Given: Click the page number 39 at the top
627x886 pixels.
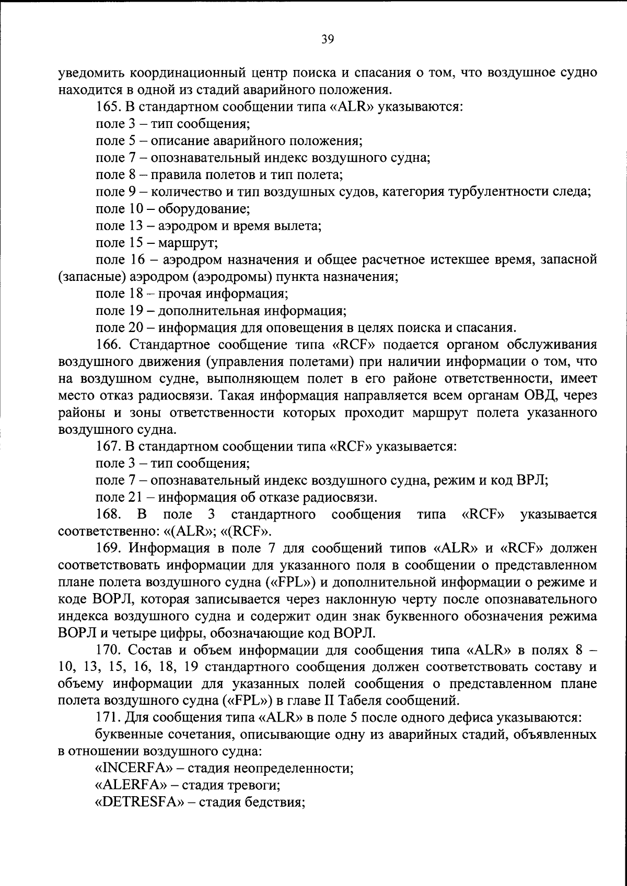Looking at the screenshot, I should [x=328, y=40].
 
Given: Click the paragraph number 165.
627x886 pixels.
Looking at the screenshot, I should [x=108, y=107].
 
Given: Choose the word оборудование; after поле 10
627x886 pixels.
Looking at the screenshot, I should [x=204, y=209].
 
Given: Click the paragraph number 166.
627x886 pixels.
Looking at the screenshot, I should [x=108, y=345].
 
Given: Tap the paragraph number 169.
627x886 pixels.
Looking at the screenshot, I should [x=108, y=549].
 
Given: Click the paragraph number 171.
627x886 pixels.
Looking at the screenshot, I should [x=108, y=717].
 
